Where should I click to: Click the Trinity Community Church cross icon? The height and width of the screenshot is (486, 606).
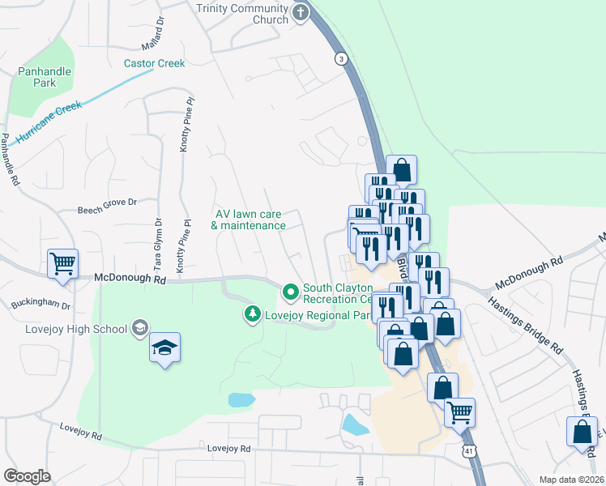301,13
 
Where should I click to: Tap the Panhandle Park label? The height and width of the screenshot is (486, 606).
45,77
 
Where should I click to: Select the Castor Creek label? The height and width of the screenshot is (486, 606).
154,63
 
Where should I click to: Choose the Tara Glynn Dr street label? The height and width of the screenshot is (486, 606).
158,244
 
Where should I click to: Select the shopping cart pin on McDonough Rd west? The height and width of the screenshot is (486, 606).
62,263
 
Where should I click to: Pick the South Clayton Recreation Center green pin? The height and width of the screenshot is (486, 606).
289,289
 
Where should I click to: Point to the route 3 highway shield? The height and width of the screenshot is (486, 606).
341,58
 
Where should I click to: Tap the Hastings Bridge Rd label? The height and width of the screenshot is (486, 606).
525,323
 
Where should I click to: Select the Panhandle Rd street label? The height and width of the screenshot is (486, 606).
10,163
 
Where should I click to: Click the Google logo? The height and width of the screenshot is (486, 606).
27,476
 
